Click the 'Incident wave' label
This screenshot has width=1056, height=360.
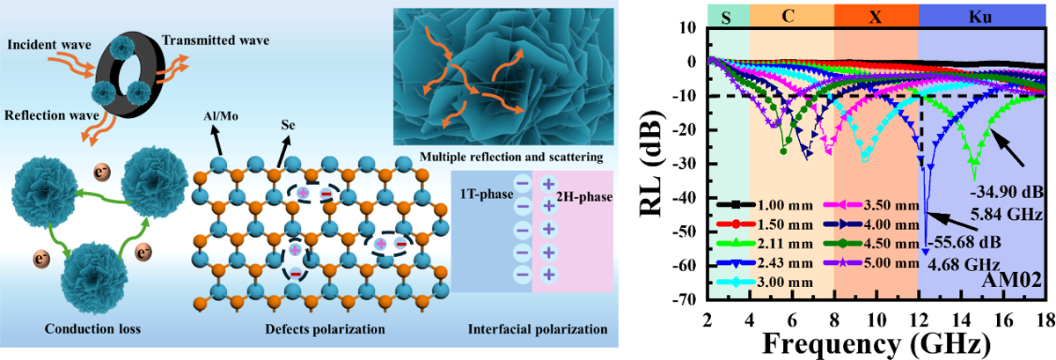(x=49, y=45)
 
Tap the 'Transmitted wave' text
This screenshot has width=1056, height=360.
(x=216, y=40)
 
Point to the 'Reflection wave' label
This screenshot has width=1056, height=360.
(x=52, y=115)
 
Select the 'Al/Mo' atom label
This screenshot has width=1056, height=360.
(x=221, y=116)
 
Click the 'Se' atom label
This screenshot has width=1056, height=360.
(x=288, y=125)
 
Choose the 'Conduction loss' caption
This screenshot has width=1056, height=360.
(x=92, y=328)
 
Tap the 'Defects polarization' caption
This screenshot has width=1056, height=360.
(x=325, y=329)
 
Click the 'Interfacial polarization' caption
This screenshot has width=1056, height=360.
(x=538, y=329)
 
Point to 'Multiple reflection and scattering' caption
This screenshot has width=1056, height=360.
(x=511, y=157)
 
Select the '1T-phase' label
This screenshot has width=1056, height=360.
(x=487, y=194)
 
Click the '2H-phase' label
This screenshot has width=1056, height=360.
(x=584, y=196)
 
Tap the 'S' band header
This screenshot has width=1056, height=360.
(x=726, y=18)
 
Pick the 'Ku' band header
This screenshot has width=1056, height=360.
(x=982, y=17)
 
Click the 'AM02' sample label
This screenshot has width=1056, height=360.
(x=1012, y=280)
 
